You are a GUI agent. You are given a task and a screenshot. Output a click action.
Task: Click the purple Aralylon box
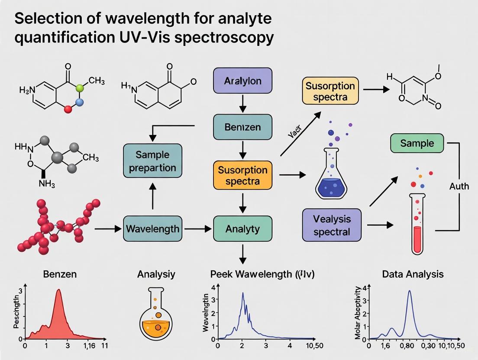click(242, 80)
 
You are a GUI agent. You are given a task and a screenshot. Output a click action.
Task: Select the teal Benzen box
click(242, 127)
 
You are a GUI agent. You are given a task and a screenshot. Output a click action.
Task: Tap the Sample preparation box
click(152, 161)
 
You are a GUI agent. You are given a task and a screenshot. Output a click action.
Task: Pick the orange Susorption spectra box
click(242, 175)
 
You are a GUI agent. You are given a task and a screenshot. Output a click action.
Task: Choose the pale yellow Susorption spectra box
click(330, 91)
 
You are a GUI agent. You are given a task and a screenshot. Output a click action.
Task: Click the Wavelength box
click(152, 228)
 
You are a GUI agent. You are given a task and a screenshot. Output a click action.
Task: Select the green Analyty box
click(242, 228)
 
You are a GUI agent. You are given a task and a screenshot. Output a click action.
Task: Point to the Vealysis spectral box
click(332, 225)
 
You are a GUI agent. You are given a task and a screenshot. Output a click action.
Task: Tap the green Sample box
click(417, 143)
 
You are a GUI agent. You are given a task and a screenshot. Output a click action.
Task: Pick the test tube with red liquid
click(417, 225)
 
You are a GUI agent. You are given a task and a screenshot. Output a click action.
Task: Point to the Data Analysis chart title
click(413, 274)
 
